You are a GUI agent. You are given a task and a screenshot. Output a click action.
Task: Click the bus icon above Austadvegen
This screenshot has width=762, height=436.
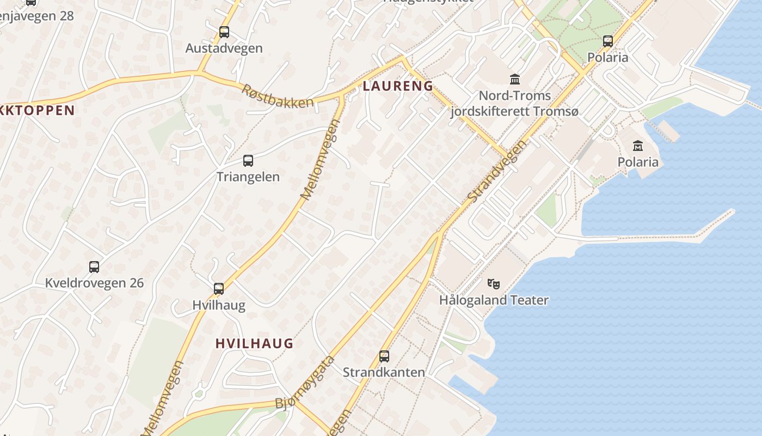pyautogui.click(x=224, y=32)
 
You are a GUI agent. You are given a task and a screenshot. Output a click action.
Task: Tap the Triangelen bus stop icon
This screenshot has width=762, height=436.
pyautogui.click(x=248, y=161)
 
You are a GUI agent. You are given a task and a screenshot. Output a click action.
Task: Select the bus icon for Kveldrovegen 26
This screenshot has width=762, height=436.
pyautogui.click(x=94, y=267)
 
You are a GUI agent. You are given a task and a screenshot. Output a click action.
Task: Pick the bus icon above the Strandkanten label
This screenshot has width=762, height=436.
pyautogui.click(x=384, y=356)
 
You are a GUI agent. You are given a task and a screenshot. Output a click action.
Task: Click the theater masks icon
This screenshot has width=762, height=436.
pyautogui.click(x=494, y=283)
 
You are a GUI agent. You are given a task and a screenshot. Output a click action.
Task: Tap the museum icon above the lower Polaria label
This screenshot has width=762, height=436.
pyautogui.click(x=638, y=146)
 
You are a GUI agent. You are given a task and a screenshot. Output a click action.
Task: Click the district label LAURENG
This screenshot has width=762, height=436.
pyautogui.click(x=398, y=86)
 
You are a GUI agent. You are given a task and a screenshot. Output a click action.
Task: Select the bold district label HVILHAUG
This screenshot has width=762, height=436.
pyautogui.click(x=254, y=343)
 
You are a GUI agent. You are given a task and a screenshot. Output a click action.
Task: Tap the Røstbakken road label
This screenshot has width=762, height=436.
pyautogui.click(x=278, y=96)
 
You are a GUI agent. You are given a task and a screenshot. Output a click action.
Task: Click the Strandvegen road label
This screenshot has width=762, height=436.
pyautogui.click(x=497, y=171)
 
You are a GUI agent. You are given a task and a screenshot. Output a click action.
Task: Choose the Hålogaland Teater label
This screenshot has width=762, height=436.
pyautogui.click(x=494, y=300)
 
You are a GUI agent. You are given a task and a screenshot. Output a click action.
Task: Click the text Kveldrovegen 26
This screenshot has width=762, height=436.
pyautogui.click(x=94, y=283)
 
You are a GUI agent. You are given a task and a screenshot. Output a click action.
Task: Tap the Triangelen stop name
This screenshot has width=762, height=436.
pyautogui.click(x=248, y=177)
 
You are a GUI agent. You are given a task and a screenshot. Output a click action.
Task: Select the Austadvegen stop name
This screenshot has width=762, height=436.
pyautogui.click(x=224, y=48)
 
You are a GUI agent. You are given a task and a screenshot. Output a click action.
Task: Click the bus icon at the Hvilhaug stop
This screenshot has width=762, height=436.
pyautogui.click(x=219, y=289)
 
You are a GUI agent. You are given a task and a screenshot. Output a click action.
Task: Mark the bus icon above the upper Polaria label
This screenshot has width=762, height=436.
pyautogui.click(x=608, y=41)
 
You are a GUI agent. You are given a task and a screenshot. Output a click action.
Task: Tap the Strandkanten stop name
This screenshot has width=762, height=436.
pyautogui.click(x=384, y=372)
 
